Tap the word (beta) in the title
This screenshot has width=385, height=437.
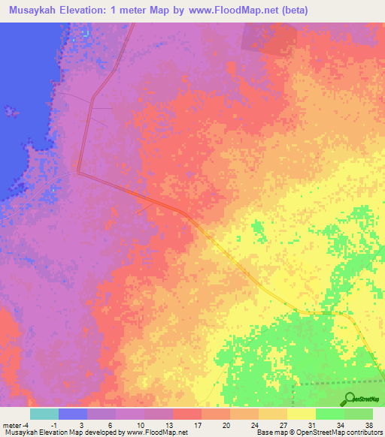point(292,10)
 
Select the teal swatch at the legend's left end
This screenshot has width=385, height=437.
point(44,414)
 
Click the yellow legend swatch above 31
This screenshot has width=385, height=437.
point(301,414)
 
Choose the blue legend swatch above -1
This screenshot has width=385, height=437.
point(72,414)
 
